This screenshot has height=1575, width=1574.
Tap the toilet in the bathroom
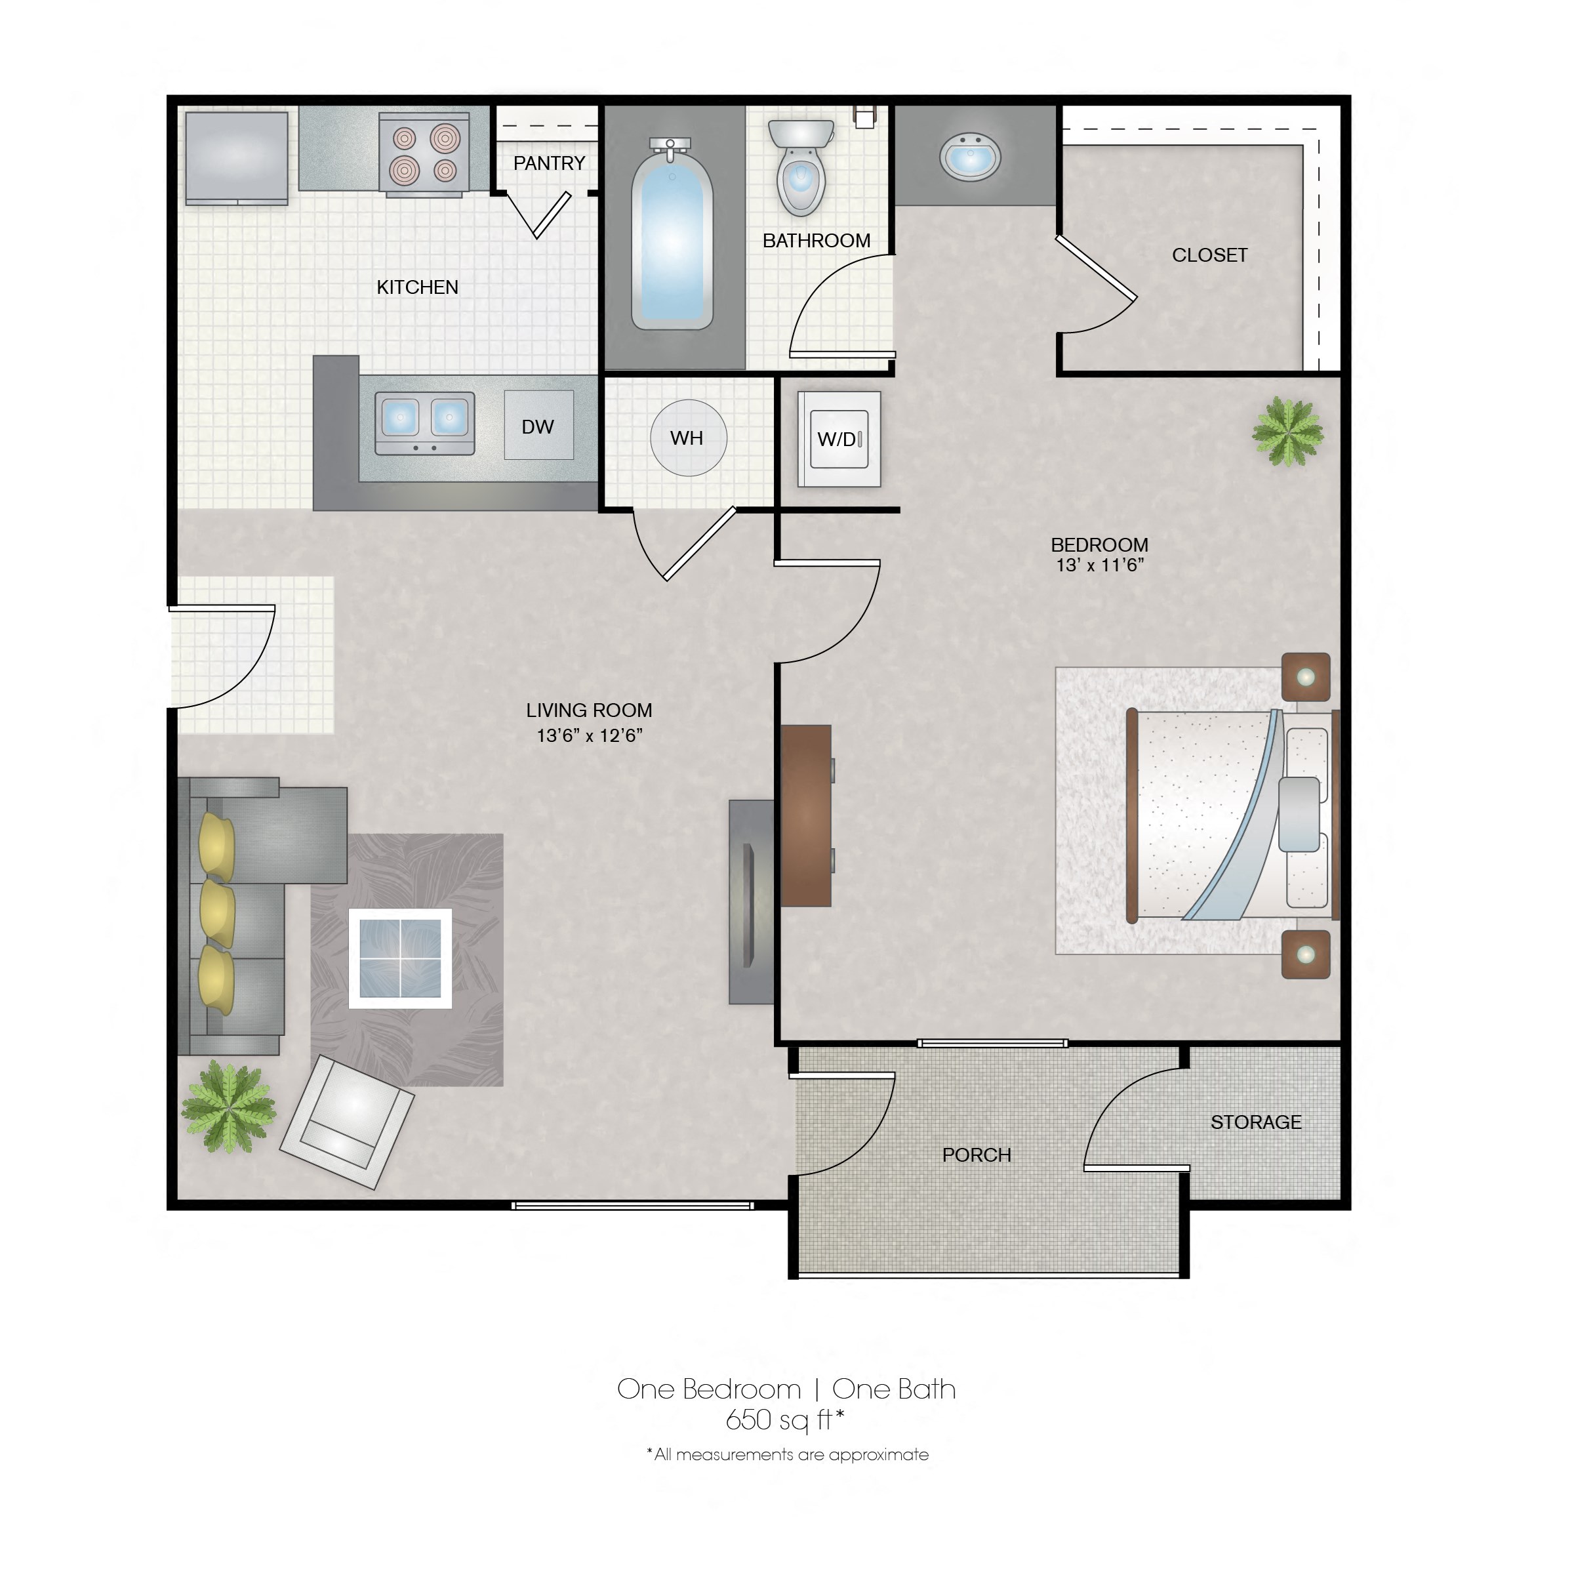pos(801,168)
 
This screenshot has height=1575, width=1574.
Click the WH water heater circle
pos(687,438)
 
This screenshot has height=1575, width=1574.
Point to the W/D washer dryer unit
pos(839,440)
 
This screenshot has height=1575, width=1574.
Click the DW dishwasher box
pos(538,426)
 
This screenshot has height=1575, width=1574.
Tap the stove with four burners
pos(424,155)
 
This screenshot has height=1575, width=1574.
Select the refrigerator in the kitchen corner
pos(236,158)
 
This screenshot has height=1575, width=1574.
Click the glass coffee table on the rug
pos(400,958)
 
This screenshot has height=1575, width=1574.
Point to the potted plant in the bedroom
pos(1287,431)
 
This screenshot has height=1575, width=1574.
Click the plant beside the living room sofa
pos(228,1106)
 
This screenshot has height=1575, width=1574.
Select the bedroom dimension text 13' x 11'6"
pos(1100,565)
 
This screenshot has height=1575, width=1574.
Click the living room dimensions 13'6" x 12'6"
pos(590,735)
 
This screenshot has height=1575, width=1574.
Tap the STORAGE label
pos(1255,1122)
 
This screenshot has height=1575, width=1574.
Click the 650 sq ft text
pos(784,1420)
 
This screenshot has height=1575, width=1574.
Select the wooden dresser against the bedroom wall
pos(806,815)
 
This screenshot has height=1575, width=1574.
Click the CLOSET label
pos(1209,255)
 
